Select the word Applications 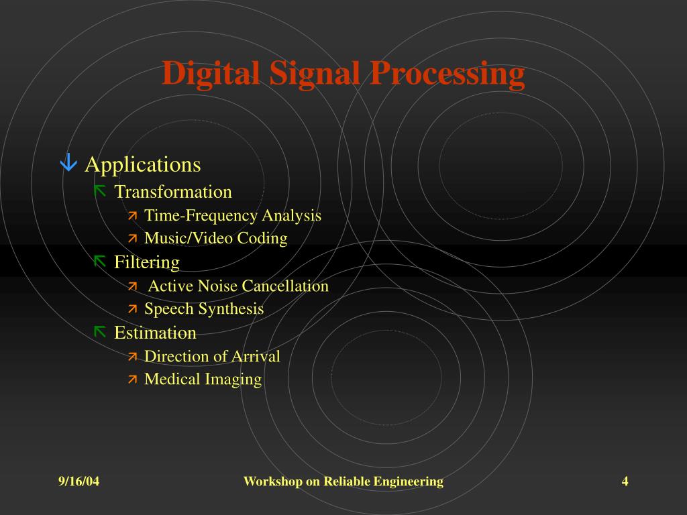tap(143, 164)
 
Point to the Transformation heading tap(173, 192)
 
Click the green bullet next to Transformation tap(100, 191)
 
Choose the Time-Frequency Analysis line tap(233, 215)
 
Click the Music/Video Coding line tap(216, 238)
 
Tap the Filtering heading tap(147, 262)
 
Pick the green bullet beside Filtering tap(100, 261)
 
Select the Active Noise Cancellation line tap(238, 286)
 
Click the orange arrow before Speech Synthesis tap(132, 309)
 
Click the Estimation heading tap(155, 333)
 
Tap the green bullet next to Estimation tap(100, 331)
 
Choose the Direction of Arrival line tap(212, 356)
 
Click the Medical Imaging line tap(203, 379)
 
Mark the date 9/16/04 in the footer tap(78, 481)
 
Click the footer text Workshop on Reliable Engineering tap(343, 481)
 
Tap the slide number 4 tap(625, 481)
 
